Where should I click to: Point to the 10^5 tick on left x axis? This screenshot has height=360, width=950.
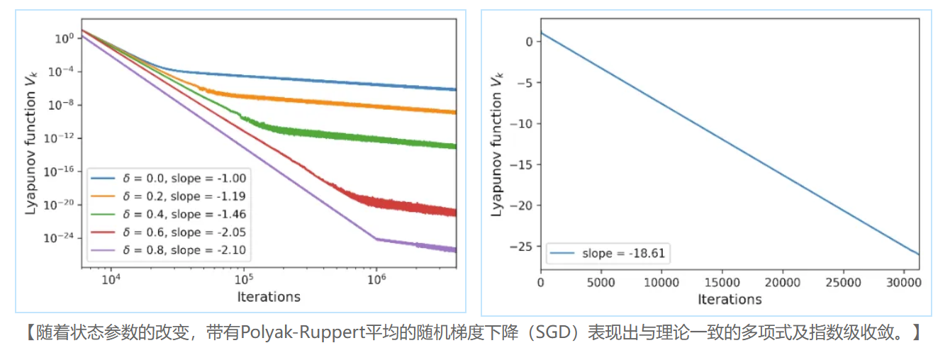(243, 279)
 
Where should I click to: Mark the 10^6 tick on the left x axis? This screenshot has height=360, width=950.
(376, 279)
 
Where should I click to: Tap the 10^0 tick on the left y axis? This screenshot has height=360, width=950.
(64, 38)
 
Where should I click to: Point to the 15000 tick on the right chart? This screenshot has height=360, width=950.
(722, 282)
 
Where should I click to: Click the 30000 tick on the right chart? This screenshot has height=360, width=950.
(905, 282)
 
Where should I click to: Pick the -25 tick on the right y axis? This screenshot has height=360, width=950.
(525, 247)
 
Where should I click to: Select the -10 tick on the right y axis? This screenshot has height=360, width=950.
(525, 123)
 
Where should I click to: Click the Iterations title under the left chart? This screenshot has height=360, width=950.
(269, 296)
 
